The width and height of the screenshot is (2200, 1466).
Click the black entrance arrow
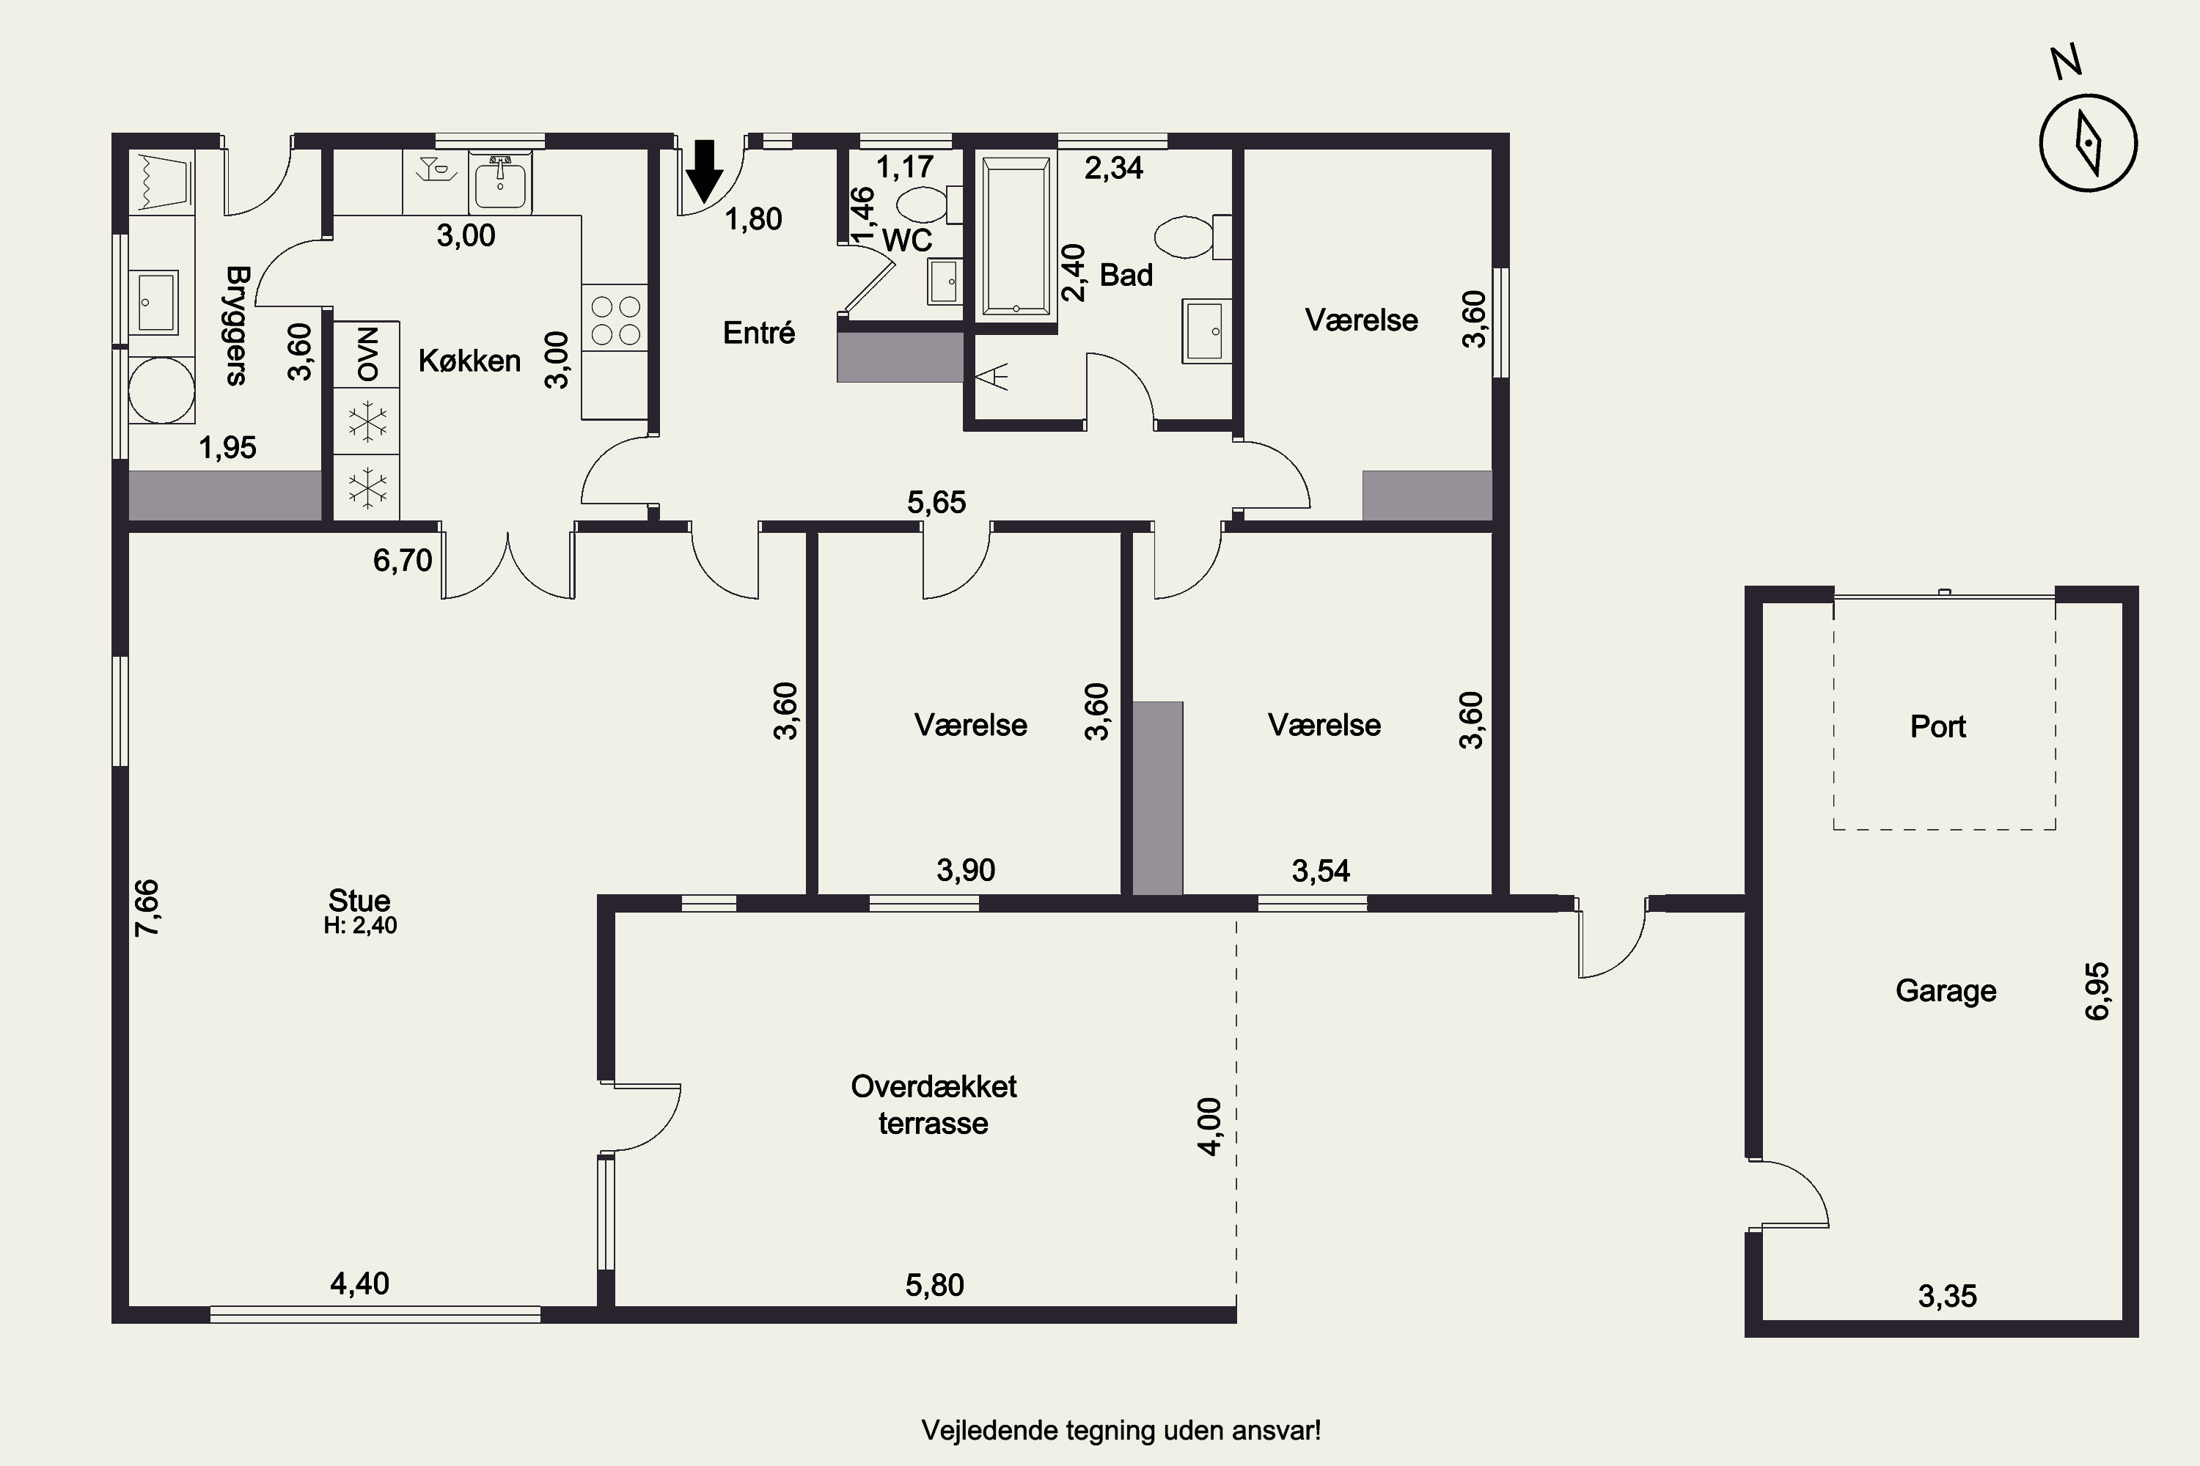pos(704,171)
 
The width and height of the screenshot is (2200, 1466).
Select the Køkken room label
pos(469,361)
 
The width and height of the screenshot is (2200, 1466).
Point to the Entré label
pos(758,332)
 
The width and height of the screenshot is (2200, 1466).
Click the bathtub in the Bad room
pos(1016,237)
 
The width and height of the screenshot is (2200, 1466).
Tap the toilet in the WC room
pos(929,204)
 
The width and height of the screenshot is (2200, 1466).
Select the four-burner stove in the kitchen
pos(615,318)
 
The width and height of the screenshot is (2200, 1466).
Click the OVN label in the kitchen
pos(367,353)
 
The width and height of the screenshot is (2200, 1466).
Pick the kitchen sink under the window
pos(499,181)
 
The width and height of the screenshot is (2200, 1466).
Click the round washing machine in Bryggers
pos(161,390)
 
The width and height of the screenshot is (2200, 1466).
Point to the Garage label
pos(1946,991)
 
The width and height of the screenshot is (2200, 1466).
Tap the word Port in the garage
pos(1937,726)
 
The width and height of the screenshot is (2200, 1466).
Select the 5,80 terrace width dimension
pos(934,1285)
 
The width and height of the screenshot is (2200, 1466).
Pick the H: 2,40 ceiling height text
pos(360,926)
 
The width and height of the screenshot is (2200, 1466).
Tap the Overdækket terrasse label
pos(934,1104)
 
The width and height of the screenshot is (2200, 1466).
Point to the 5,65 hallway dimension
pos(936,502)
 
